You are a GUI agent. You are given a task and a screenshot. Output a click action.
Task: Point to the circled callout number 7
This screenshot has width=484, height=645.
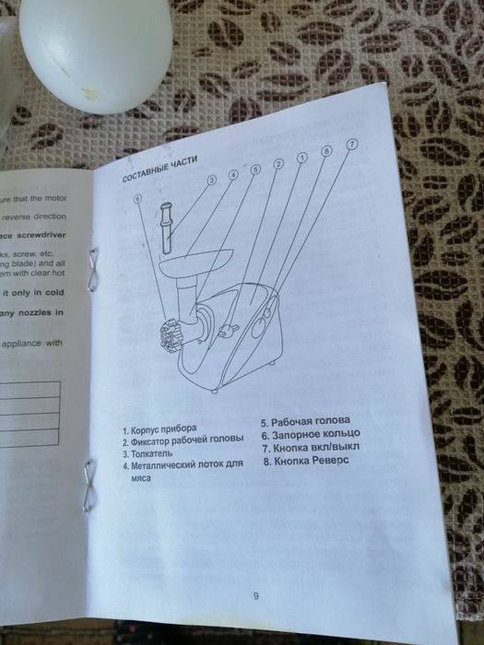[x=351, y=145]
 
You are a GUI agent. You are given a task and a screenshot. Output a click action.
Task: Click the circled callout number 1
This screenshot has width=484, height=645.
[x=301, y=158]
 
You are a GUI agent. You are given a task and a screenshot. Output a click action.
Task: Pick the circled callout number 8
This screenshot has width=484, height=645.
[x=325, y=151]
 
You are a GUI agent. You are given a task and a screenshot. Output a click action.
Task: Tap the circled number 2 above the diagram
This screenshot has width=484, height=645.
[x=277, y=164]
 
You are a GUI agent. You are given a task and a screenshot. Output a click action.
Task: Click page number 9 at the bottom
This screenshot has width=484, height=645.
[x=255, y=595]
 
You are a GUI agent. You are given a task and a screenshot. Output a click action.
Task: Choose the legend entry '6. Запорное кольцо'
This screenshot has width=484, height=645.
[x=309, y=434]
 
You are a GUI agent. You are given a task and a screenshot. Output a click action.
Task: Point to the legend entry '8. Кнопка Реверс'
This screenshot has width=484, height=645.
[x=306, y=461]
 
